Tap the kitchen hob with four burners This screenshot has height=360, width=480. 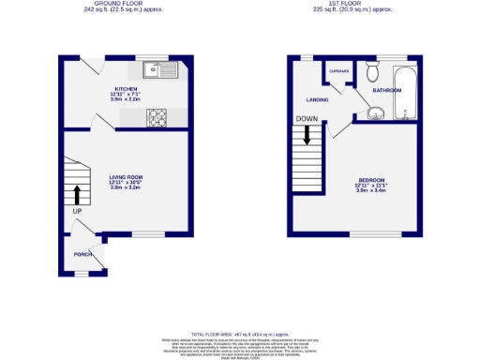point(157,117)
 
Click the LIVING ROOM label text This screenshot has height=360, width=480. point(125,176)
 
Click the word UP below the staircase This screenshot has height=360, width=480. point(76,211)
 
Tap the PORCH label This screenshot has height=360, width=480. point(82,254)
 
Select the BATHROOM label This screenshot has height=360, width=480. point(386,91)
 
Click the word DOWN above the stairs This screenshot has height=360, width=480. point(307,119)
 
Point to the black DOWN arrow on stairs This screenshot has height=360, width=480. point(307,136)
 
